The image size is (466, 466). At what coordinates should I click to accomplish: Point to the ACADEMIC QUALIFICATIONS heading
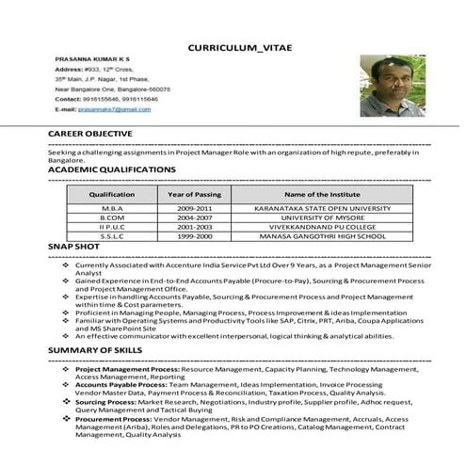[x=112, y=169]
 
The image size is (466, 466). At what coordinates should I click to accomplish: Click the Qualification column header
[x=112, y=193]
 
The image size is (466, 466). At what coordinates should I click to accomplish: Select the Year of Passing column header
[x=194, y=193]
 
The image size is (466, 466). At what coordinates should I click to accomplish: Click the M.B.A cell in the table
[x=112, y=208]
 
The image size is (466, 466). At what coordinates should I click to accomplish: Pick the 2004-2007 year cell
[x=194, y=217]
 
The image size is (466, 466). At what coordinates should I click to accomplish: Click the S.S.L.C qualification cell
[x=112, y=236]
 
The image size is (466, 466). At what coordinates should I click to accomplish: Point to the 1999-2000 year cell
[x=194, y=236]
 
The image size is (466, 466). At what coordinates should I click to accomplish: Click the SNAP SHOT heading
[x=73, y=246]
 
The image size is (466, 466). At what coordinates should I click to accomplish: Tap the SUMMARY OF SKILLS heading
[x=95, y=349]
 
